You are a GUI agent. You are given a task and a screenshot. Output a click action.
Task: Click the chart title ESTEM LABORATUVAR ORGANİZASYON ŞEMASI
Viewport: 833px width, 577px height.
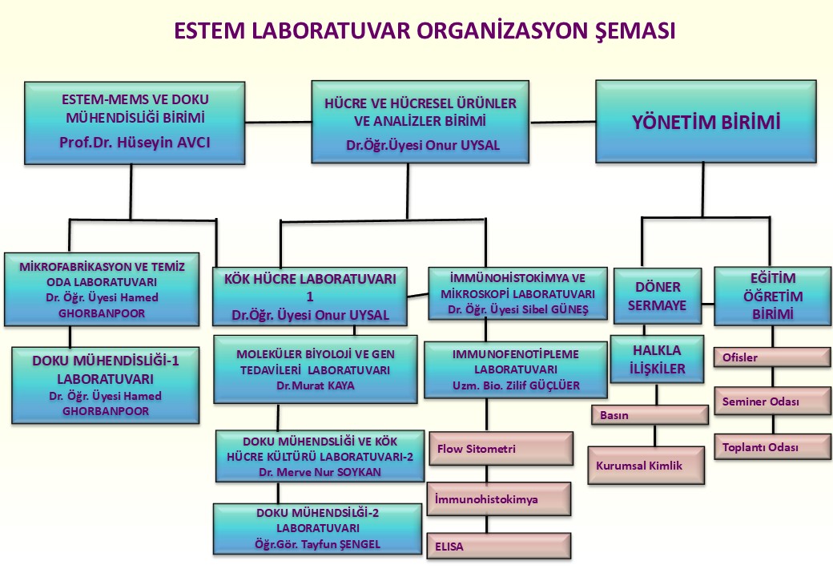coord(425,31)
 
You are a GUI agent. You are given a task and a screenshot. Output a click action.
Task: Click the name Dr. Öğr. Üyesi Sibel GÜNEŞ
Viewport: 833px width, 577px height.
coord(517,309)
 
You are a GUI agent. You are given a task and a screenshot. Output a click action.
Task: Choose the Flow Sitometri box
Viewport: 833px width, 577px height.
coord(501,448)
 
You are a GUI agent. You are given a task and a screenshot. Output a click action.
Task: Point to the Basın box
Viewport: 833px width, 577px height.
coord(650,416)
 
